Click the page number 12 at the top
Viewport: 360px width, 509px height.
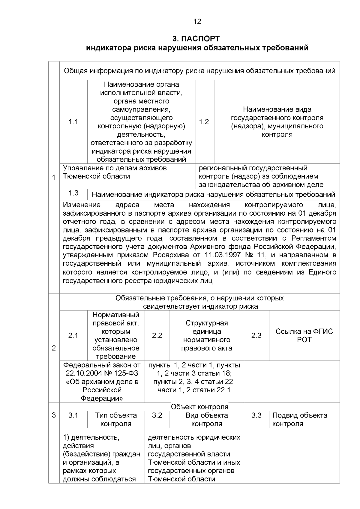tap(197, 22)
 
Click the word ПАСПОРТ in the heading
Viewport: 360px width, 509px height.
tap(205, 39)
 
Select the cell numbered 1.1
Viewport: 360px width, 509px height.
tap(73, 122)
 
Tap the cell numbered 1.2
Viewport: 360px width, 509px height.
tap(204, 122)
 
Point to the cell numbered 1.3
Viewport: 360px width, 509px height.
tap(73, 193)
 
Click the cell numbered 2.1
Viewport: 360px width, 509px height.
tap(73, 336)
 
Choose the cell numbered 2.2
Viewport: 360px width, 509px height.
tap(157, 336)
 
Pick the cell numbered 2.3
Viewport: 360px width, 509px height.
tap(256, 336)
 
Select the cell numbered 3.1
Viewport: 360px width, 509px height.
tap(73, 415)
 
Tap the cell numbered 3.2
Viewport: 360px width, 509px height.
tap(157, 415)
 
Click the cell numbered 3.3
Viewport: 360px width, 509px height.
tap(256, 415)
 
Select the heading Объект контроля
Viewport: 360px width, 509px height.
tap(199, 407)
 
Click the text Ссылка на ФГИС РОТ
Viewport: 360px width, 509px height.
tap(304, 336)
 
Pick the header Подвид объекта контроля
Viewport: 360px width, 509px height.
tap(300, 419)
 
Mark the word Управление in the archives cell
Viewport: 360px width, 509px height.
tap(80, 168)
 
